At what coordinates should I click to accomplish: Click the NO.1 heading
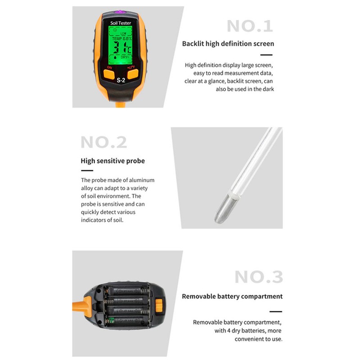(x=250, y=26)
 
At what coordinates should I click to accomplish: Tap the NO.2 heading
(x=104, y=142)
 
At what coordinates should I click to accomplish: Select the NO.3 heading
(x=259, y=277)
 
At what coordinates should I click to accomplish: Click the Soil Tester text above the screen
(x=121, y=22)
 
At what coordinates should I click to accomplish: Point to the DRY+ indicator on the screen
(x=125, y=58)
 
